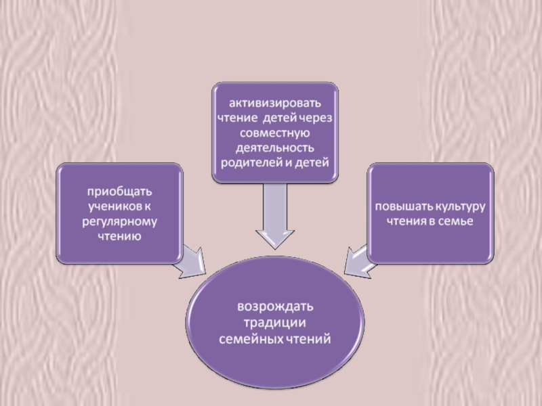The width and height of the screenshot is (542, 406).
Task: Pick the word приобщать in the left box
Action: coord(119,190)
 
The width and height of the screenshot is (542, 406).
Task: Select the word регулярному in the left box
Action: coord(119,220)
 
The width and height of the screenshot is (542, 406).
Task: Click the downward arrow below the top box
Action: coord(274,217)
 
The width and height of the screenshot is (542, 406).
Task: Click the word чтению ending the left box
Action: coord(119,235)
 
